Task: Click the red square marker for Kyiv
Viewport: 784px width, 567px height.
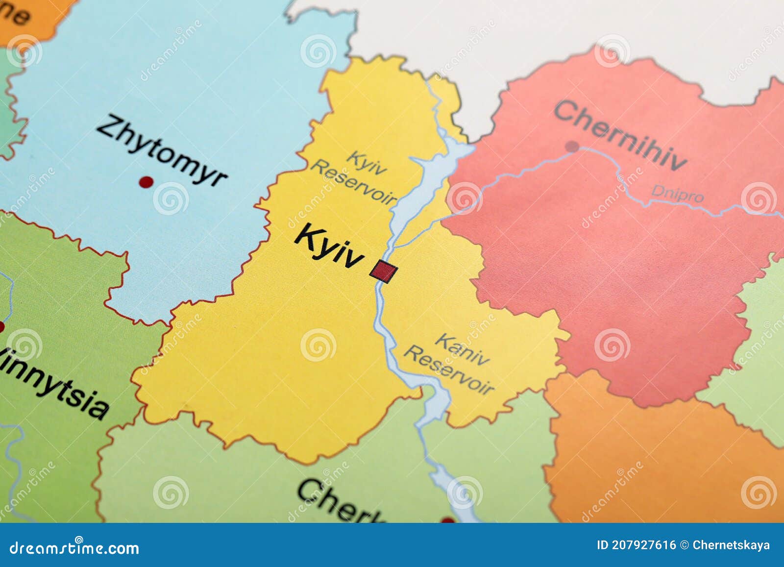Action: [384, 271]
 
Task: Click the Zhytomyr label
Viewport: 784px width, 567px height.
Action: [162, 150]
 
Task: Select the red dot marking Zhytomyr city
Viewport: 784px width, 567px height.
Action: [146, 182]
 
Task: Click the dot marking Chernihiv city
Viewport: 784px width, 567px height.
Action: [571, 146]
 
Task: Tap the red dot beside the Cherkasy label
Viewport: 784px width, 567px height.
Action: [447, 520]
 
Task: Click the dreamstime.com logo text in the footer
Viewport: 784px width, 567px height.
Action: [74, 547]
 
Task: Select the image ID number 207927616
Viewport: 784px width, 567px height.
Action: [643, 545]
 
